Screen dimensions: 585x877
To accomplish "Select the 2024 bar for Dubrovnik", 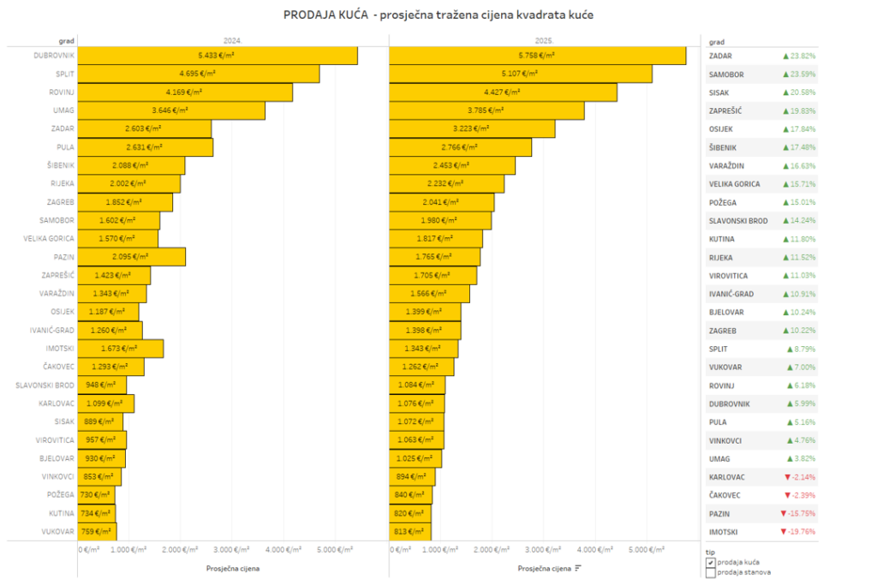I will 218,56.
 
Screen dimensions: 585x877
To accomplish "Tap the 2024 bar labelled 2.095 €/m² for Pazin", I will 132,257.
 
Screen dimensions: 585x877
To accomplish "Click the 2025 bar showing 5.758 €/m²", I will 537,56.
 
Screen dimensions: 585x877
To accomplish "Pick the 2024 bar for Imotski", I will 121,349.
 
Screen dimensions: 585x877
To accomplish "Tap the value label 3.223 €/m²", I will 470,128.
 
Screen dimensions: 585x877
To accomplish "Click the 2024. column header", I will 232,40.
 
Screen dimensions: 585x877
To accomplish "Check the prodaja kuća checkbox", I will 711,562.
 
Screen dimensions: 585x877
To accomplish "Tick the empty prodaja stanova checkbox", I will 711,573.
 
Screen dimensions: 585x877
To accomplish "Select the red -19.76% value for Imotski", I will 797,532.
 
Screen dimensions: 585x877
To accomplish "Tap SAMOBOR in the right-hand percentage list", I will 726,75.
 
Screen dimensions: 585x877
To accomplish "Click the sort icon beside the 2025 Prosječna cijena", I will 578,568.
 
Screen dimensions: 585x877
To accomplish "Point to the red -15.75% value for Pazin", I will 797,513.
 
